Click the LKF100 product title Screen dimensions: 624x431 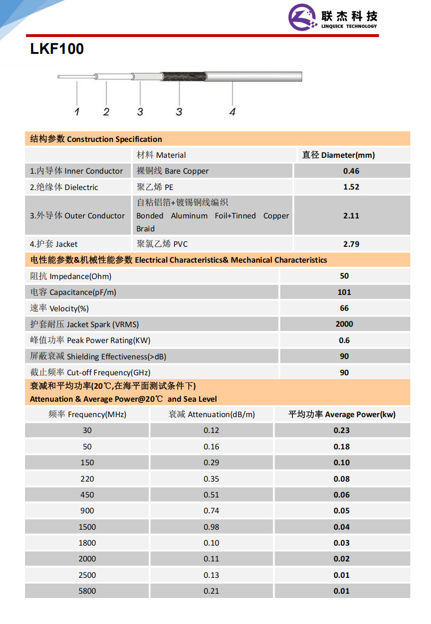[x=57, y=49]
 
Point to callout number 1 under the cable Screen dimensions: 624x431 [x=77, y=112]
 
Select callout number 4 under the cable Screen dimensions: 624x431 [x=232, y=112]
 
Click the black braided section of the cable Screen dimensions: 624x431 [x=183, y=76]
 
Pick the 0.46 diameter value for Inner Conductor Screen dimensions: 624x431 [x=351, y=171]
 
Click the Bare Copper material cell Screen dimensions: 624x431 [x=172, y=171]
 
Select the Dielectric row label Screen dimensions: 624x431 [x=64, y=187]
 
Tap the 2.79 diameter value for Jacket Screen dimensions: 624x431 [x=351, y=244]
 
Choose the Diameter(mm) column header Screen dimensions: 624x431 [x=338, y=155]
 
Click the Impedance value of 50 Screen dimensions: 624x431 [x=344, y=276]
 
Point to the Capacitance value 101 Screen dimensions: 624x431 [x=344, y=292]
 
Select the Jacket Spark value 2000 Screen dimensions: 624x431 [x=344, y=324]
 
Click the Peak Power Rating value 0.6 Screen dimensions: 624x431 [x=344, y=340]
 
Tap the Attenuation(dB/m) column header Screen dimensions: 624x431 [x=211, y=414]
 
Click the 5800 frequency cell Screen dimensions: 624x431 [x=87, y=591]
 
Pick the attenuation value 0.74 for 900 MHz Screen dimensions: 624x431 [x=211, y=510]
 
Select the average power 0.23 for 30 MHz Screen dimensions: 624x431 [x=341, y=430]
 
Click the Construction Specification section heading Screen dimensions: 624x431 [x=96, y=139]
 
